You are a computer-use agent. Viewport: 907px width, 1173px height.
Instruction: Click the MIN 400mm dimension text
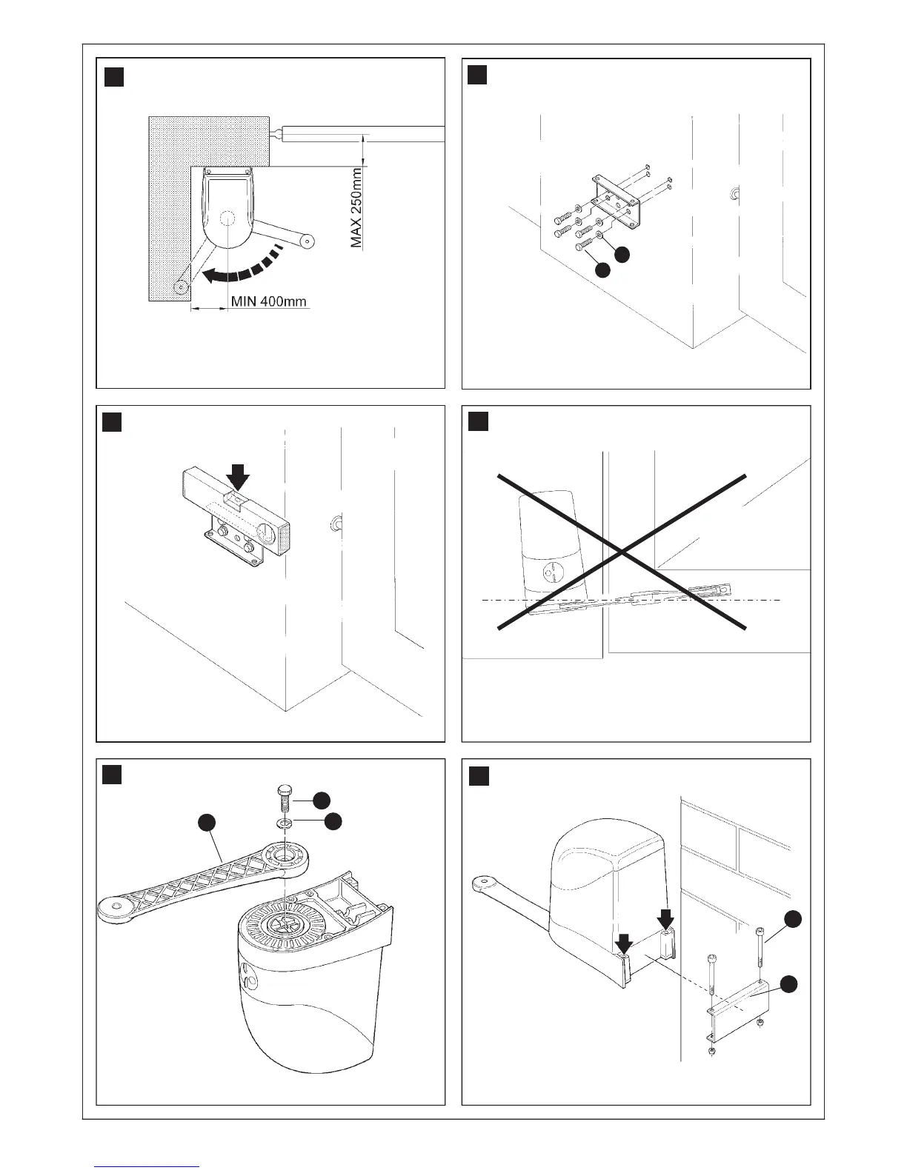(269, 302)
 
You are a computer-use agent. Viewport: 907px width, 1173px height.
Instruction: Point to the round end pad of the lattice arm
(116, 906)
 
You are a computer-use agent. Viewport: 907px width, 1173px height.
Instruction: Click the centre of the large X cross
(621, 552)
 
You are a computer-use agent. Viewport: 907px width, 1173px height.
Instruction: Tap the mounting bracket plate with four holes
(615, 200)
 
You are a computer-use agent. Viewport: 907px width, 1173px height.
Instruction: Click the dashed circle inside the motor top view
(227, 220)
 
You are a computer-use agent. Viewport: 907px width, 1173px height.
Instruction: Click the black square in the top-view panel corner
(113, 76)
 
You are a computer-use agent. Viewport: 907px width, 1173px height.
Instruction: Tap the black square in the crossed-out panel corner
(479, 422)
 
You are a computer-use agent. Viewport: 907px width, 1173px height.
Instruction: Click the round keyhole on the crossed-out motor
(548, 572)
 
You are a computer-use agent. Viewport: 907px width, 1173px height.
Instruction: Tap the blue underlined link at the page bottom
(147, 1166)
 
